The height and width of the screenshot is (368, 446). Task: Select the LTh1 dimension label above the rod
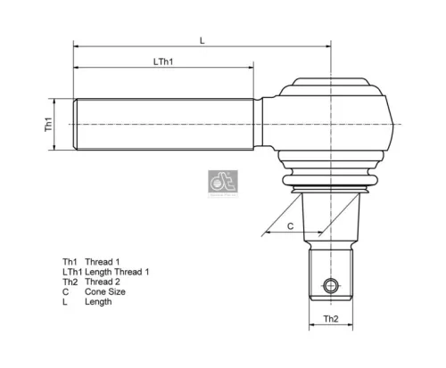(x=162, y=61)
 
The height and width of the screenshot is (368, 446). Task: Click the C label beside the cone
(x=290, y=225)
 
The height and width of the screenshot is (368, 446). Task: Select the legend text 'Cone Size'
(x=106, y=291)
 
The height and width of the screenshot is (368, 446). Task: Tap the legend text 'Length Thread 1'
(x=117, y=270)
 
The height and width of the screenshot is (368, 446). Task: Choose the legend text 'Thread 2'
(x=103, y=281)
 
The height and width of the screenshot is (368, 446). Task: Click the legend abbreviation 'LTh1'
(x=71, y=270)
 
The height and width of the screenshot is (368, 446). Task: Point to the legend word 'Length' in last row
(x=98, y=302)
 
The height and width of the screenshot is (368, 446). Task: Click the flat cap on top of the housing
(x=332, y=83)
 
